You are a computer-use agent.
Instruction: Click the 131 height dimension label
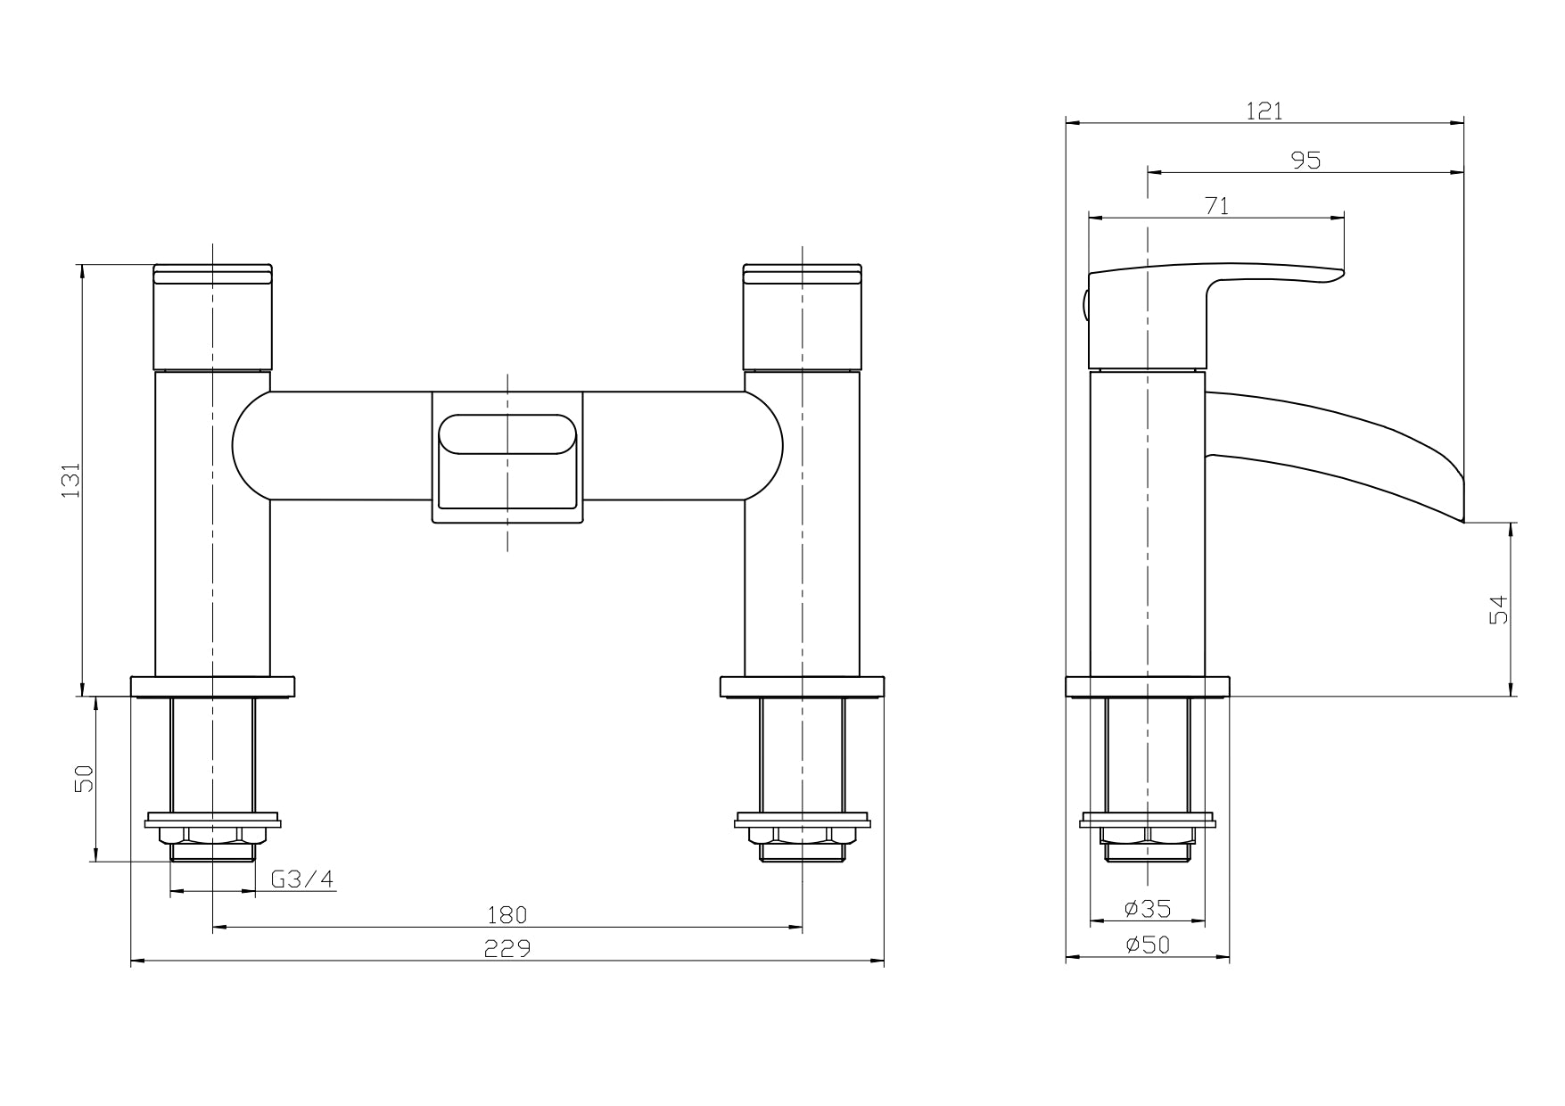point(70,480)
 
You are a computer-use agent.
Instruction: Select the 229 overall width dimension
point(507,948)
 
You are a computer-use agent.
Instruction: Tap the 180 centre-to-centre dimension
point(507,914)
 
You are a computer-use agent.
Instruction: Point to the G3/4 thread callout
point(302,879)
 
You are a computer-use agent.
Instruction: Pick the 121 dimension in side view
point(1264,111)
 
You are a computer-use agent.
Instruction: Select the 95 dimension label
point(1306,160)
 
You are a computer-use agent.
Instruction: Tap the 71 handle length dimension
point(1216,206)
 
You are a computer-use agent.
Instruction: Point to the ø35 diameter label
point(1148,909)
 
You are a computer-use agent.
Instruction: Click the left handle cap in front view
point(212,317)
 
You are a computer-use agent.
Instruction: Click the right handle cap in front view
point(802,317)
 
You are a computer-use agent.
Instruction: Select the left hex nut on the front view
point(212,835)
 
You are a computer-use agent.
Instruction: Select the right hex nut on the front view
point(802,835)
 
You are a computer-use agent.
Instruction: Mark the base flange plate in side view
point(1148,686)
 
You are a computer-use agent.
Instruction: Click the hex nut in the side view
point(1148,835)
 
